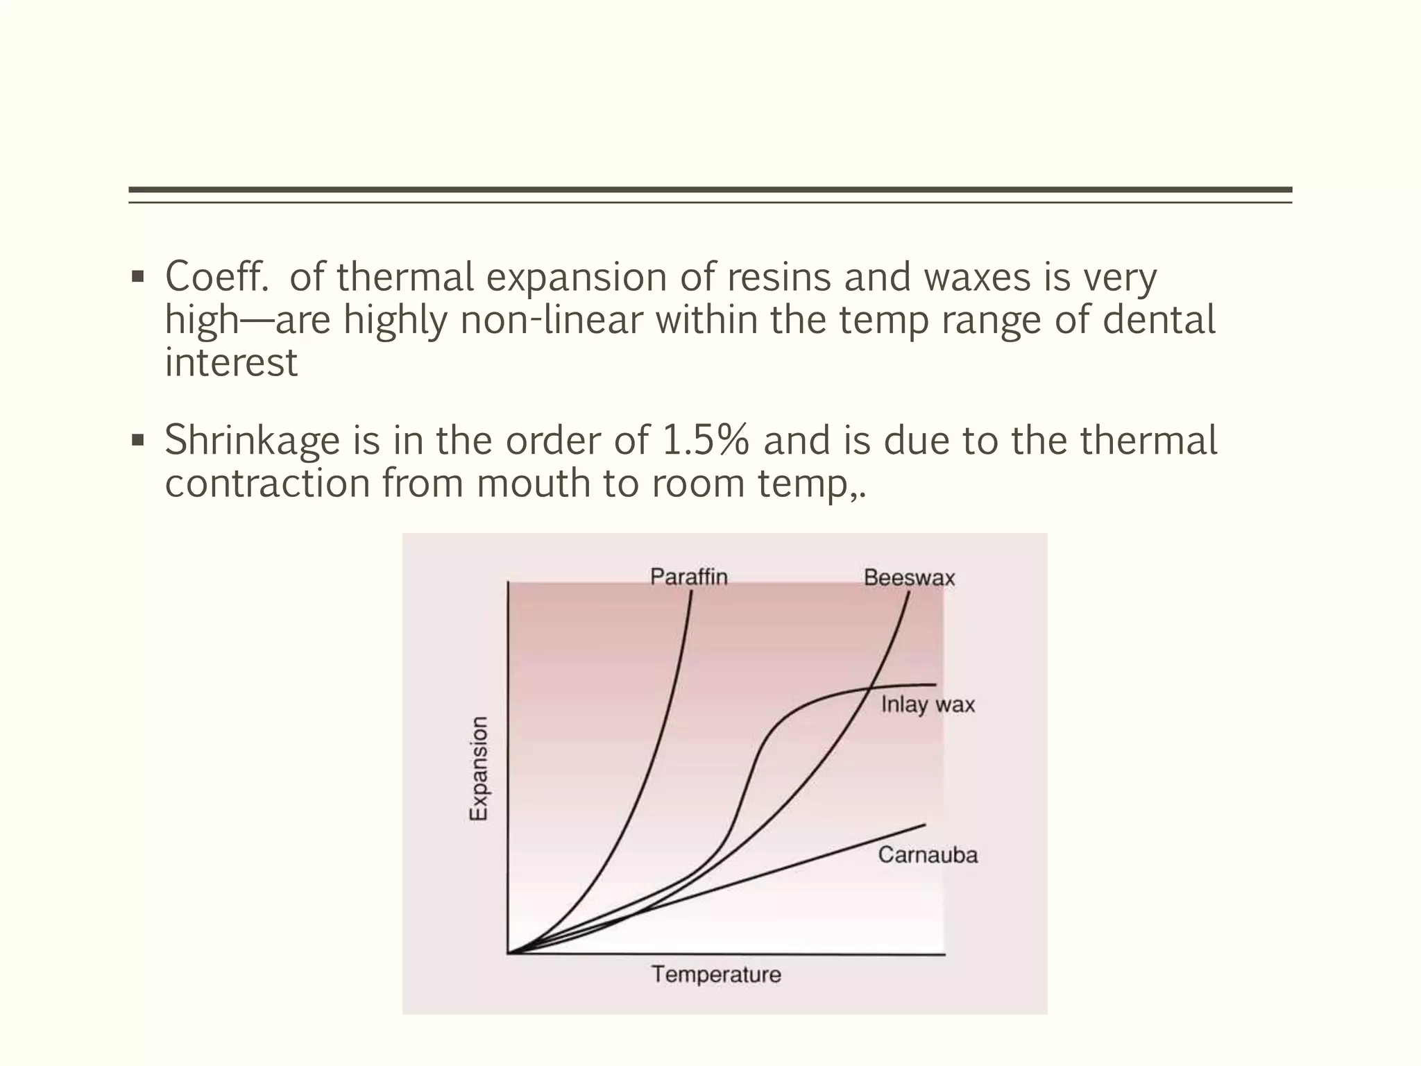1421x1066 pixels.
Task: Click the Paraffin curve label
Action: click(688, 577)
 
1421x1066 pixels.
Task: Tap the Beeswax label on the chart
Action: click(909, 577)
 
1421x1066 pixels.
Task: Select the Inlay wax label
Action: click(928, 705)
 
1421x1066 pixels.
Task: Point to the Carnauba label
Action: click(928, 854)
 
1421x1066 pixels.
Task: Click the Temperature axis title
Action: click(716, 975)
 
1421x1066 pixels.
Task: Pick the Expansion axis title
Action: click(479, 768)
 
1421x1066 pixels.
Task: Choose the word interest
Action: click(231, 363)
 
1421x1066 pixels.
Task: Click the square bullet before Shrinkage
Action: click(137, 440)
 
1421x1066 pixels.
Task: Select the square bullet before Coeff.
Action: click(137, 277)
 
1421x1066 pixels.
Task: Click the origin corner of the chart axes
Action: click(509, 954)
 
